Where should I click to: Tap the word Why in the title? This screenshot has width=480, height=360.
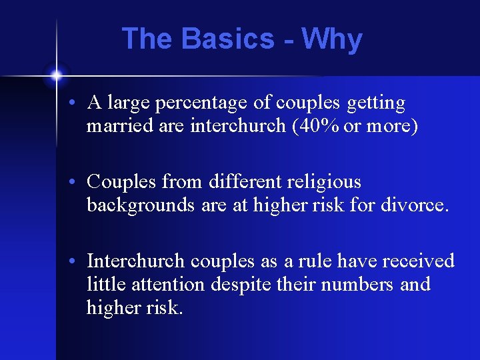[x=332, y=40]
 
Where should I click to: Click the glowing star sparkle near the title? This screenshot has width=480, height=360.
[x=56, y=75]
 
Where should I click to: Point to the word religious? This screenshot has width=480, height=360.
[x=327, y=183]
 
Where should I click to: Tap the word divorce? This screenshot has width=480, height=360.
[x=415, y=205]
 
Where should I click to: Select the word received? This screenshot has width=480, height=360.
[x=417, y=260]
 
